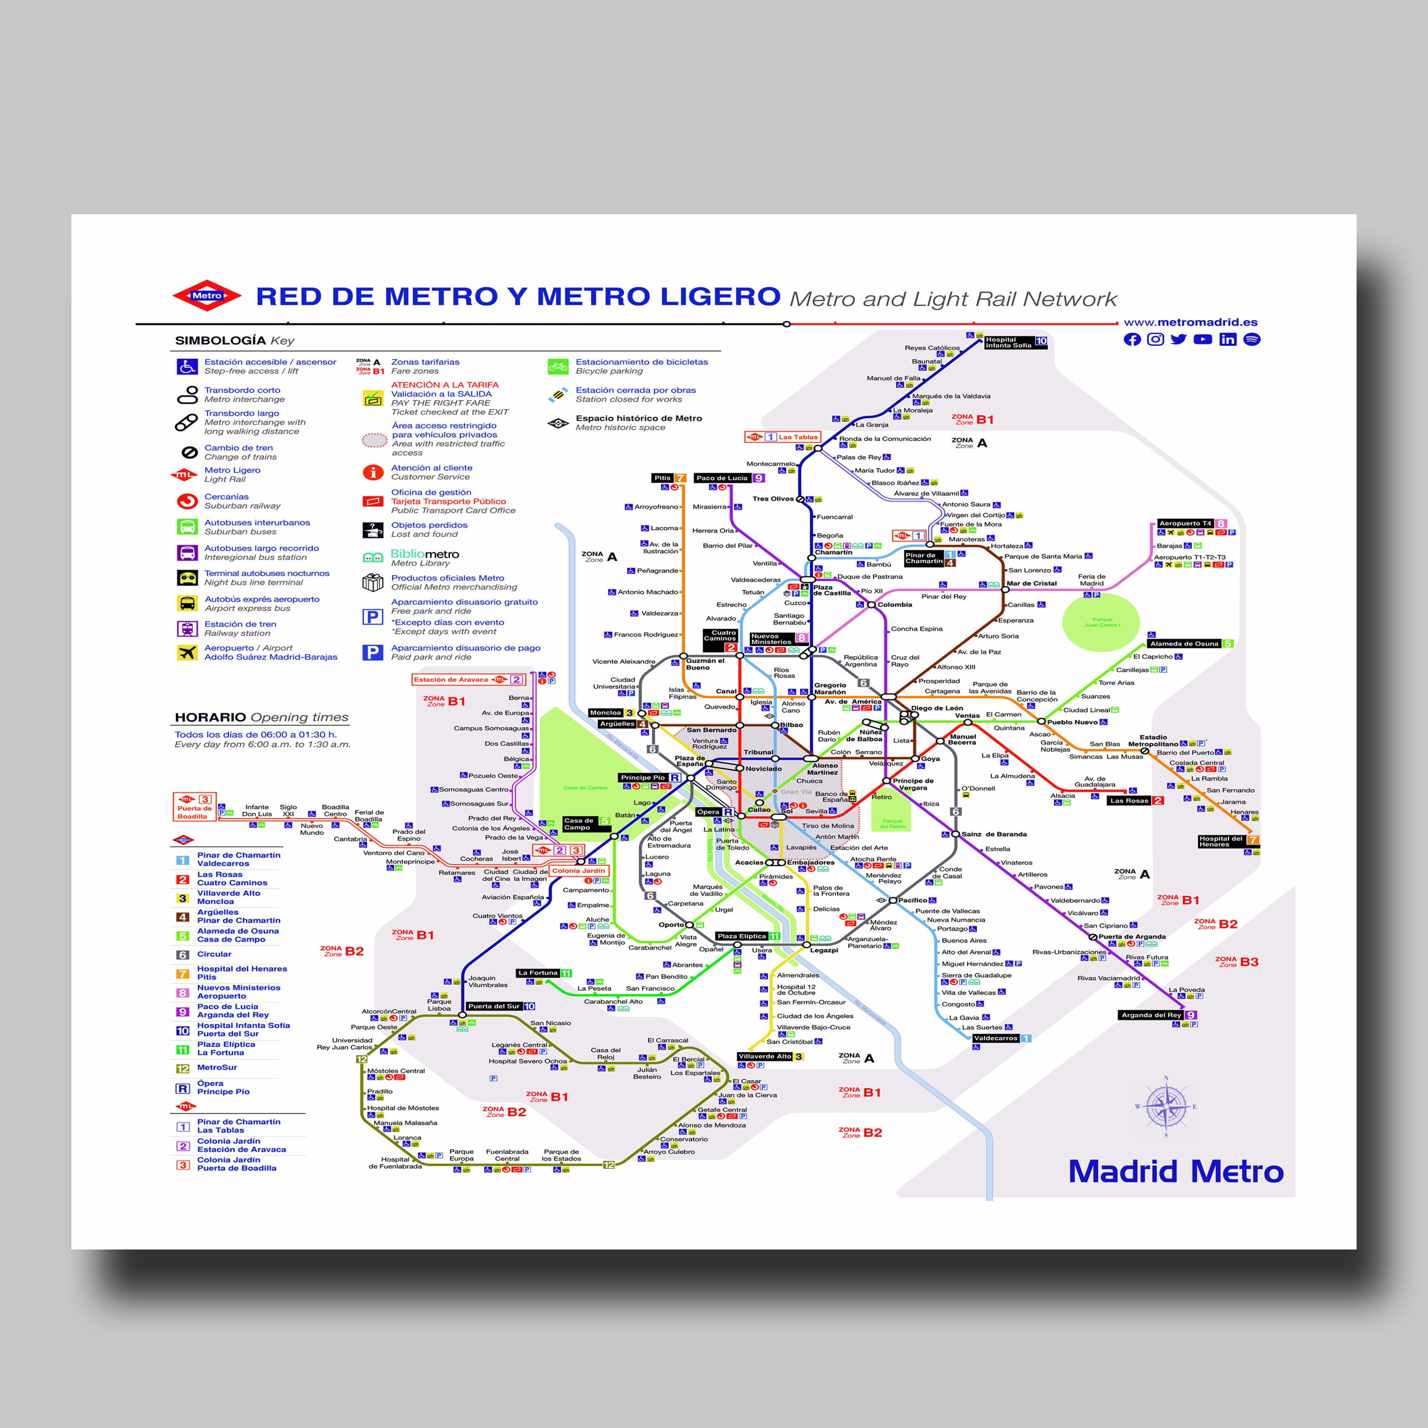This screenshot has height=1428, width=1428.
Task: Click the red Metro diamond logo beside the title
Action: [207, 296]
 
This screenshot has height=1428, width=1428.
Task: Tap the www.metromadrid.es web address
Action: [1190, 322]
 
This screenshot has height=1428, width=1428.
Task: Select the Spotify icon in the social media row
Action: [1251, 339]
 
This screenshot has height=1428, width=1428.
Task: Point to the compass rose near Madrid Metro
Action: [1166, 1107]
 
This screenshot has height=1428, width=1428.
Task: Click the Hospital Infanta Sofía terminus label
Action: [1009, 343]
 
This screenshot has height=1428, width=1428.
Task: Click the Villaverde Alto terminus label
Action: [765, 1056]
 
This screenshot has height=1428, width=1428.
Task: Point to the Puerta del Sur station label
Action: [494, 1006]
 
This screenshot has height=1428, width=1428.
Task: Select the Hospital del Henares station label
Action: [1221, 841]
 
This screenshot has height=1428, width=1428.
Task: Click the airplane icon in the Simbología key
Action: [188, 652]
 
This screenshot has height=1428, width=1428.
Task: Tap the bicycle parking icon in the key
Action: [558, 366]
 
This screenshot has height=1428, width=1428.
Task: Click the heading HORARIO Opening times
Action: [261, 717]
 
